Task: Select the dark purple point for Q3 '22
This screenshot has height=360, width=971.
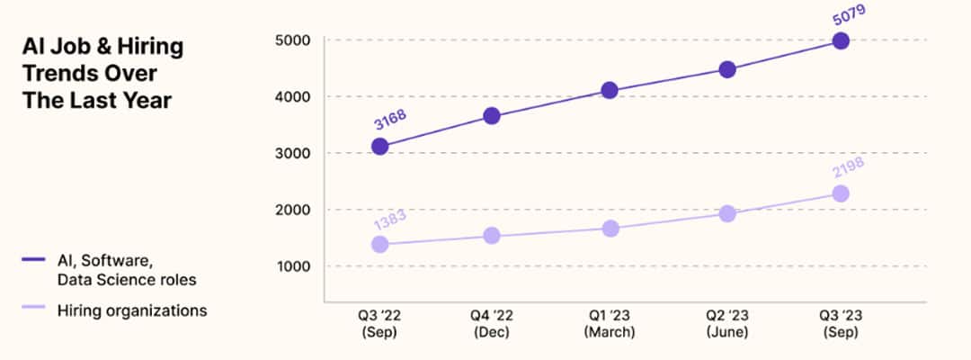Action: pos(379,146)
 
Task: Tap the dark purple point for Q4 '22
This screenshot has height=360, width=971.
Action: pos(492,115)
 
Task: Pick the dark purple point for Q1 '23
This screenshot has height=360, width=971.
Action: pos(610,90)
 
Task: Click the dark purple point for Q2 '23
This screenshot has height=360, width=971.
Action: pos(727,69)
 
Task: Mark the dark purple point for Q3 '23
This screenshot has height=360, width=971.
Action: pos(841,40)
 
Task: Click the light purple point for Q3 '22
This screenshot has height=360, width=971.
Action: pos(379,244)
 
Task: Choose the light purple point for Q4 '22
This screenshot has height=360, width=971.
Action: pos(492,236)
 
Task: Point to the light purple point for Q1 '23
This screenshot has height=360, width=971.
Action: pos(610,229)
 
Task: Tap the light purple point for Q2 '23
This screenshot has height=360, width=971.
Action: pos(727,213)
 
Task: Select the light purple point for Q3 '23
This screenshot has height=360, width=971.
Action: pos(841,193)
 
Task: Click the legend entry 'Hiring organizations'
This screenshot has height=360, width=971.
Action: pos(132,310)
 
